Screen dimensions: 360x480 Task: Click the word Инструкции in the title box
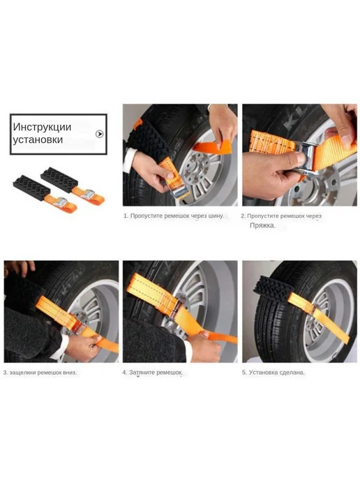[x=42, y=127]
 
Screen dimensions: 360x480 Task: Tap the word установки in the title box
[x=38, y=140]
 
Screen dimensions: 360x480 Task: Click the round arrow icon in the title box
[x=99, y=134]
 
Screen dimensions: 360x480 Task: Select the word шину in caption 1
[x=216, y=216]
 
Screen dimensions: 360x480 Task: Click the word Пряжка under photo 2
[x=262, y=225]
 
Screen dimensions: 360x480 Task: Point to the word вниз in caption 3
[x=70, y=373]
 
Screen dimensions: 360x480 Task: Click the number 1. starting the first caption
[x=126, y=216]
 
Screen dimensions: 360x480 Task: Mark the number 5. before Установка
[x=244, y=373]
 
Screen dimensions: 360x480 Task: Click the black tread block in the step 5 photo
[x=273, y=289]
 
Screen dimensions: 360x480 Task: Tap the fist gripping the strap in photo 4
[x=204, y=347]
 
